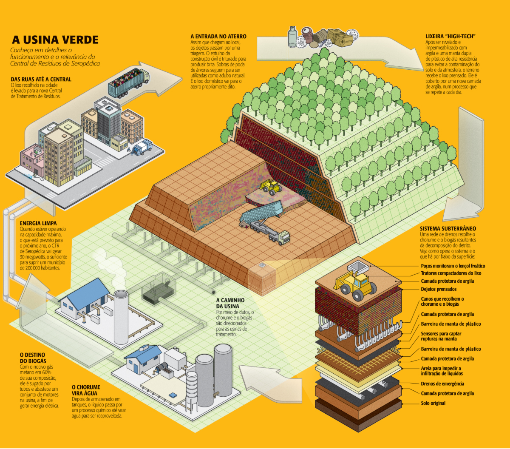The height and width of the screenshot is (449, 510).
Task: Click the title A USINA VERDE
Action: [55, 40]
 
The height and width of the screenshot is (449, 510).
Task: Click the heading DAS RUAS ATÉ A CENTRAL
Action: [41, 79]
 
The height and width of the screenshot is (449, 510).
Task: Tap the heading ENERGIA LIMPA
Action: [38, 223]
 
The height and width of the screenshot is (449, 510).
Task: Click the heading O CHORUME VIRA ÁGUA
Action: [86, 390]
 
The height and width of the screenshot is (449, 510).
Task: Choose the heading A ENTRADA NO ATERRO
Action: [218, 37]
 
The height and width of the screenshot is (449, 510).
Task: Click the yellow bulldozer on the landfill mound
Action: [271, 186]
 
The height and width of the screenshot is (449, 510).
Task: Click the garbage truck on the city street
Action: [142, 147]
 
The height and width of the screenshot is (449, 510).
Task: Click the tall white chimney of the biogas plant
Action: [121, 317]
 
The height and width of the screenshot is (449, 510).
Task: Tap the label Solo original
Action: [433, 403]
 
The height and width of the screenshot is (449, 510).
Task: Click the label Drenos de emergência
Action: [442, 384]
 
